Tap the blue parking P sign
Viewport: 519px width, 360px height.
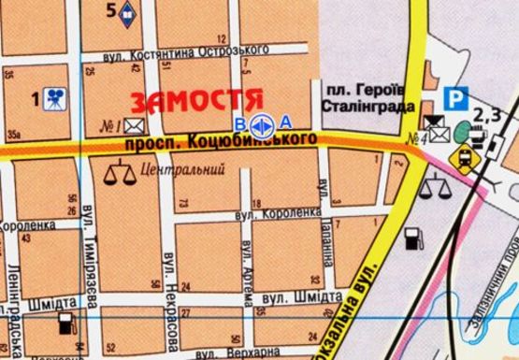tap(455, 97)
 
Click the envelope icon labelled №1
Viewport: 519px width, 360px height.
tap(135, 126)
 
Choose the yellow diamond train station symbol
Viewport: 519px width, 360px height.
tap(462, 159)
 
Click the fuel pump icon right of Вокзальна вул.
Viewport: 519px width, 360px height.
tap(411, 238)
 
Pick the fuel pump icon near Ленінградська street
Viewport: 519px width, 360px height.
tap(65, 324)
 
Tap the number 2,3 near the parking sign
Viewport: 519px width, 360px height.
tap(488, 115)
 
